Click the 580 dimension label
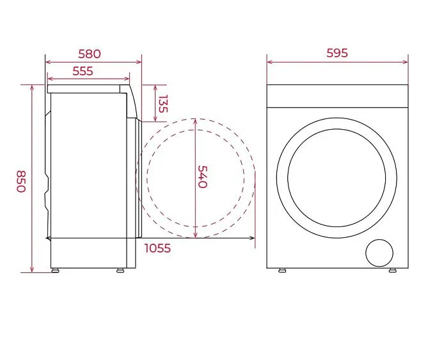[x=90, y=54]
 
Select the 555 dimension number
[x=83, y=71]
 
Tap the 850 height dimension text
[x=21, y=182]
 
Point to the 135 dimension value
[x=163, y=104]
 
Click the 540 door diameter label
[x=202, y=176]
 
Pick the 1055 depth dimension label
[x=157, y=248]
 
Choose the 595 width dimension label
[x=337, y=53]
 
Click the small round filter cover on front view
[x=379, y=253]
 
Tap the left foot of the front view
[x=282, y=270]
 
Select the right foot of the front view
[x=393, y=270]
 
